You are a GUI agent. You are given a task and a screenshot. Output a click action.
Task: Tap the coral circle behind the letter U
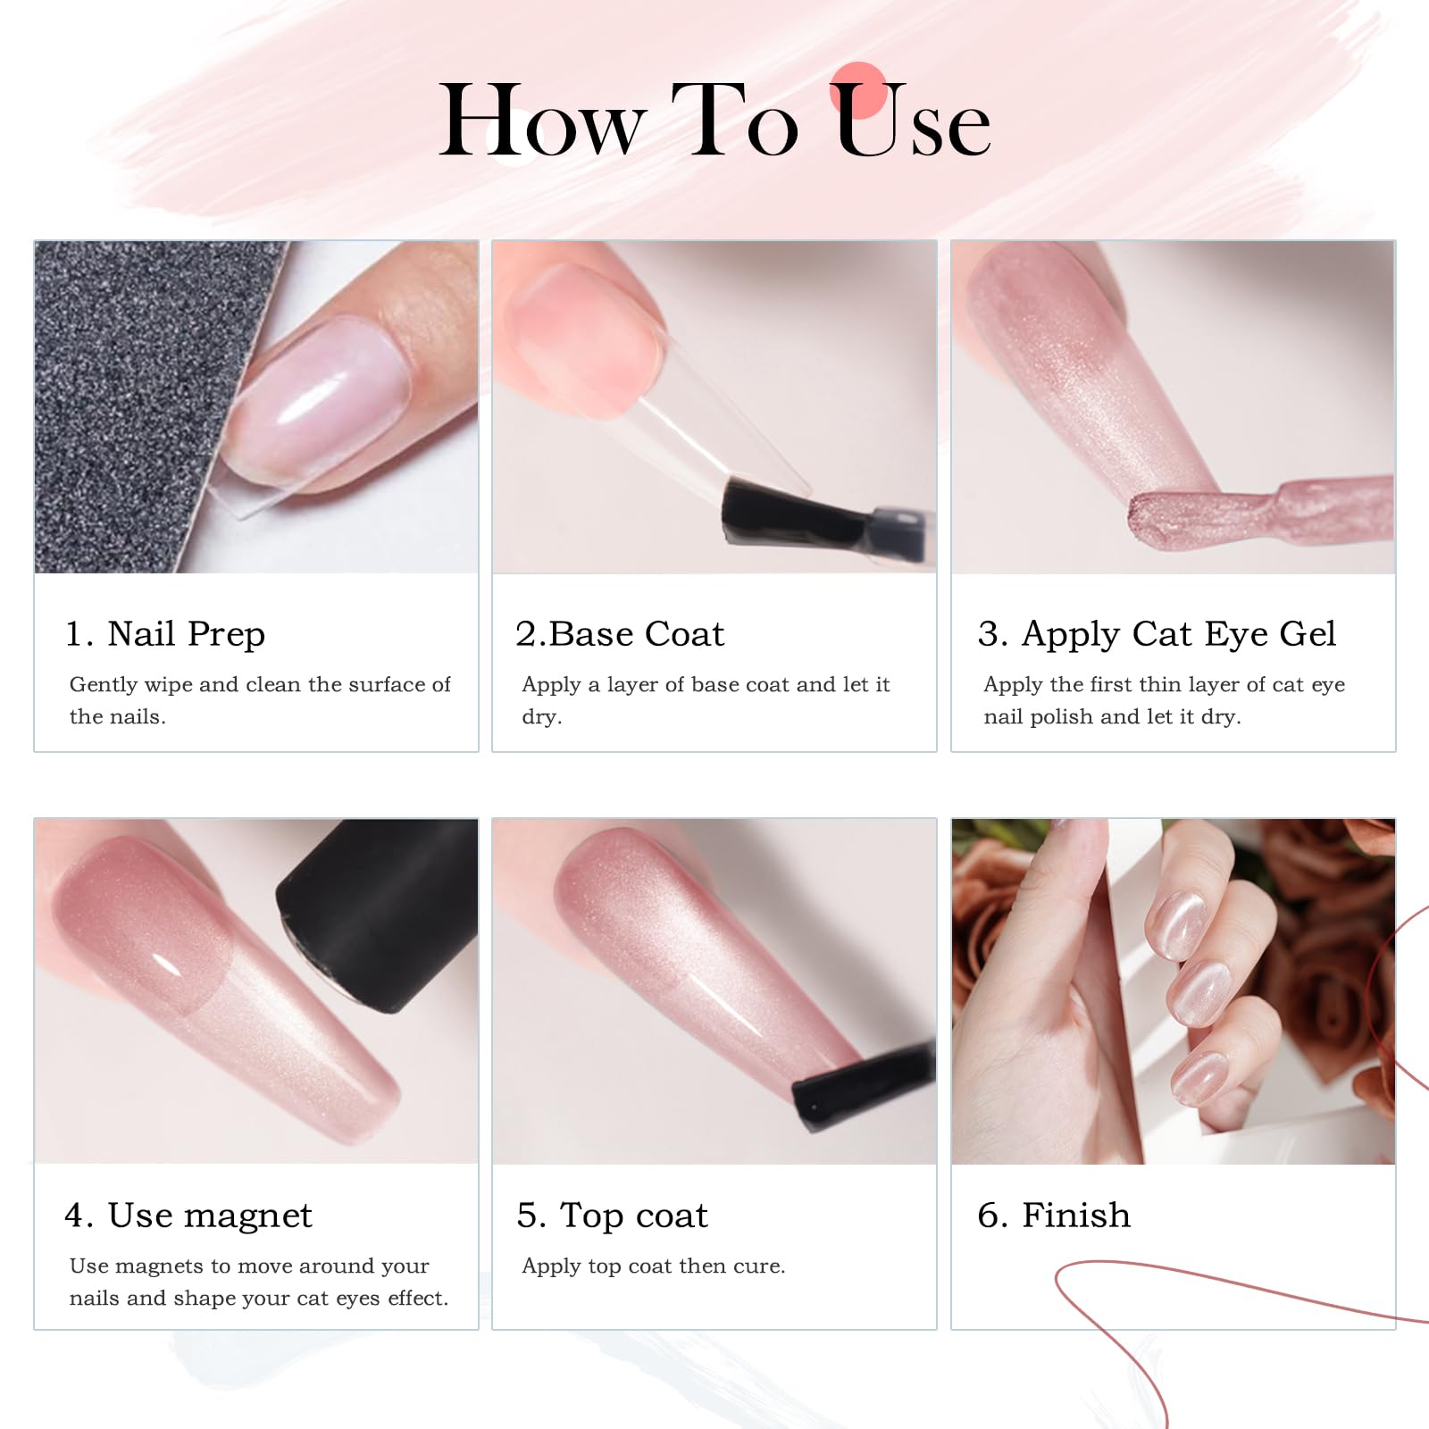point(858,89)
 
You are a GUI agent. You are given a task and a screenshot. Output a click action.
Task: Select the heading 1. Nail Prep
point(165,634)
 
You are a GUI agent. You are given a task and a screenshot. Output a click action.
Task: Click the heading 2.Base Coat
point(620,634)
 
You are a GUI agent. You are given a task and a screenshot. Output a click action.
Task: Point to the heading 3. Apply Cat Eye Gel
point(1157,634)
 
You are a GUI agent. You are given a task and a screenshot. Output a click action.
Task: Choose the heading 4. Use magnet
point(188,1216)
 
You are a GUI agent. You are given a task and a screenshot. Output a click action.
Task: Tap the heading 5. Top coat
point(613,1216)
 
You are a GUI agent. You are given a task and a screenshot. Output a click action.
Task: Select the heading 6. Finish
point(1054,1216)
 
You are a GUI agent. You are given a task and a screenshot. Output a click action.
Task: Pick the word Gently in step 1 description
point(103,685)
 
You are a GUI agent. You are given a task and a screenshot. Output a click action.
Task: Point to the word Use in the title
point(913,121)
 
